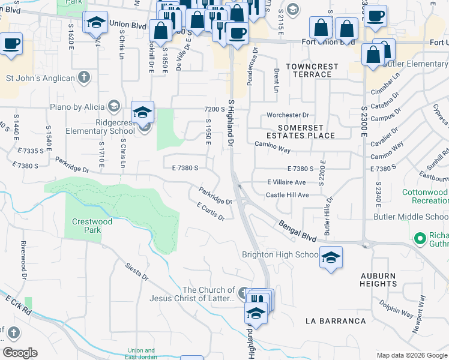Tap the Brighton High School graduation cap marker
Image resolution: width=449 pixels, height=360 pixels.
point(331,257)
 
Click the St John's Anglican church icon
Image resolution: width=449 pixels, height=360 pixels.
point(84,77)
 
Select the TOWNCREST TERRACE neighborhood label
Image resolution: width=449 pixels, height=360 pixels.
point(309,70)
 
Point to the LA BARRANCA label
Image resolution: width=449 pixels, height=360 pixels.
point(336,321)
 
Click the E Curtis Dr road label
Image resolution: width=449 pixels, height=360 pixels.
point(211,211)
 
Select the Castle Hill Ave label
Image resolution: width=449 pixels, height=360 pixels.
point(288,195)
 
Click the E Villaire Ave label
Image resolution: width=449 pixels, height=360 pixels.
point(286,182)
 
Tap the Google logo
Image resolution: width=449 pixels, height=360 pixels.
point(20,353)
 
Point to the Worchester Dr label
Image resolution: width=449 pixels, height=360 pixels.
point(288,115)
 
